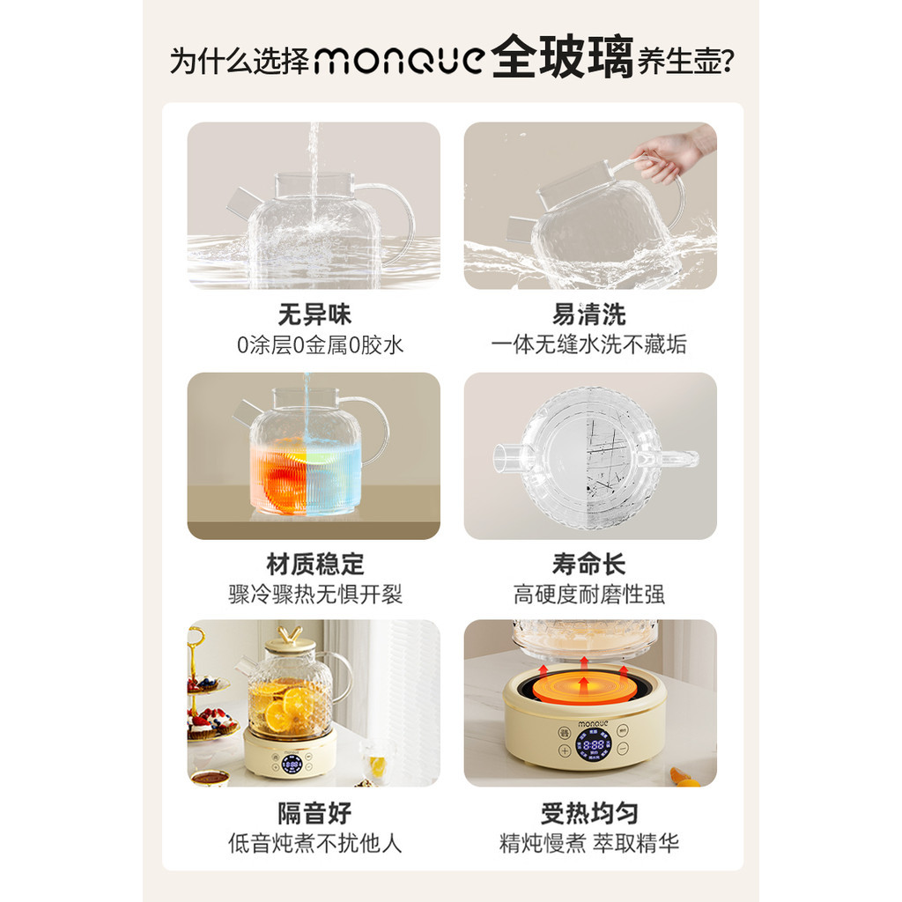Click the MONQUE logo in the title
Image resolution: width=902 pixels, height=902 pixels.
(400, 60)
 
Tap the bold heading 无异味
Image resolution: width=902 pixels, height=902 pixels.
(314, 314)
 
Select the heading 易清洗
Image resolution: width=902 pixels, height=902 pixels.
(589, 314)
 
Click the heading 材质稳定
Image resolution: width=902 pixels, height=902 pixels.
(314, 565)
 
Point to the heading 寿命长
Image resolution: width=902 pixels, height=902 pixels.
(589, 565)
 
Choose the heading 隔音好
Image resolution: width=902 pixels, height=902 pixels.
(314, 813)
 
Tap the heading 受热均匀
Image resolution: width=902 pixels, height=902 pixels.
(589, 813)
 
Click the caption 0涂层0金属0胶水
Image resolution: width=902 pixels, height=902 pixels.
(320, 345)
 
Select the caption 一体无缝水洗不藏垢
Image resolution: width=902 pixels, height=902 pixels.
(589, 344)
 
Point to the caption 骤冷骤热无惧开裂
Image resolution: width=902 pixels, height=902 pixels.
(314, 595)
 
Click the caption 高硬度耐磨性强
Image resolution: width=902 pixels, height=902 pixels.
(589, 595)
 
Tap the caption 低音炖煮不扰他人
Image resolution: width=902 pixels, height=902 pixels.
(314, 843)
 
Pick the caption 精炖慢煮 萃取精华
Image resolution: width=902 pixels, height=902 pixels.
(589, 843)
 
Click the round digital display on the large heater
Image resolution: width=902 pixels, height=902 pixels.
(593, 745)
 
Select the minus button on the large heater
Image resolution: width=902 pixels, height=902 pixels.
(623, 749)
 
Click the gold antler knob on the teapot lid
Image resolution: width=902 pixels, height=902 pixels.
(289, 634)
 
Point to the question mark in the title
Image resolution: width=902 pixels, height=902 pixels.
(727, 61)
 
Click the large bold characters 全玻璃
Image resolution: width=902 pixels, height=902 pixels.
(563, 57)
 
